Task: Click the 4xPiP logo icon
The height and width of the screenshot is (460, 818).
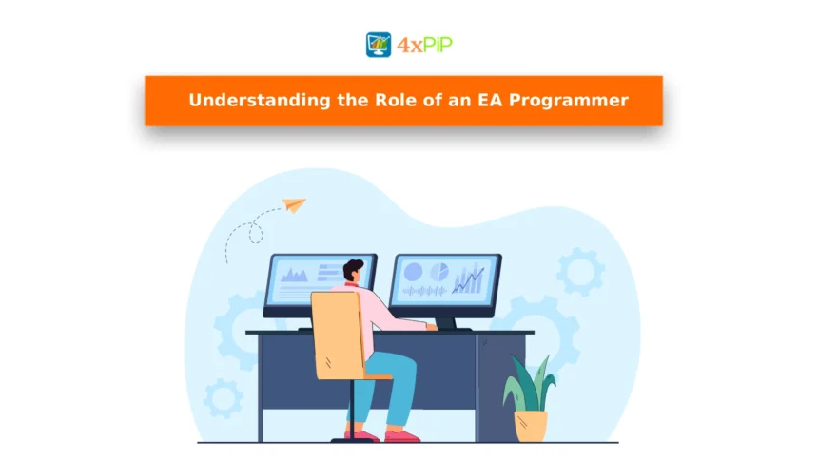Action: point(379,45)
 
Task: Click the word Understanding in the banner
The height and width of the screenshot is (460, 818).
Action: point(260,101)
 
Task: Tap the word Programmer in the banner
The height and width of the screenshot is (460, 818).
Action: point(569,101)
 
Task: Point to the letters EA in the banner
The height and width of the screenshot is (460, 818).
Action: point(490,100)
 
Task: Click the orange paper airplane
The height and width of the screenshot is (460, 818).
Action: point(294,205)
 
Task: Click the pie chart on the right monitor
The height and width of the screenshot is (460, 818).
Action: point(439,272)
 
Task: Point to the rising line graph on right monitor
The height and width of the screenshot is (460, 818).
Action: point(469,279)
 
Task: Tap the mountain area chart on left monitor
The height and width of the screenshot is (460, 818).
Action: point(295,275)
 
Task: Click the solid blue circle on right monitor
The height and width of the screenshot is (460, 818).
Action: point(413,272)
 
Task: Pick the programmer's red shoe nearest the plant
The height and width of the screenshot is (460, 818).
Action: point(401,435)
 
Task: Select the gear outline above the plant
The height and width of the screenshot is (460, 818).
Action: point(579,272)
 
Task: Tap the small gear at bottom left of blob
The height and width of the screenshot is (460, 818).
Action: point(223,398)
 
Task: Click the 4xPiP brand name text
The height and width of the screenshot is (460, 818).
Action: point(424,46)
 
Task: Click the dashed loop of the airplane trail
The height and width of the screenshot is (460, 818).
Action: point(255,232)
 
